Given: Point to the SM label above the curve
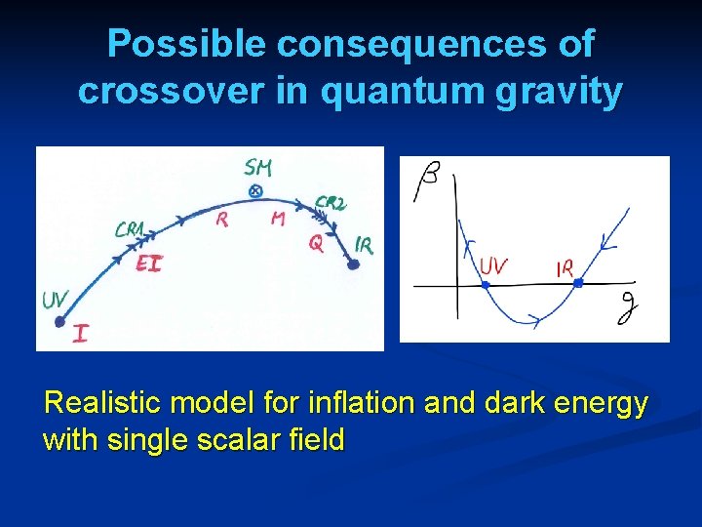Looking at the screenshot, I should [258, 169].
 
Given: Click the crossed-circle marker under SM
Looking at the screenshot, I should [256, 191].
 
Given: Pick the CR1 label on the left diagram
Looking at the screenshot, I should [129, 230].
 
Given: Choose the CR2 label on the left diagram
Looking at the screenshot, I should [331, 204].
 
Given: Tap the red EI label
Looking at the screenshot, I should [148, 263].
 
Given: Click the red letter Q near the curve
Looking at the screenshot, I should [316, 244].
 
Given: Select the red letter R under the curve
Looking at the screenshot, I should [222, 221].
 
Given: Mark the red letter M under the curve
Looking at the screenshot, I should [278, 220].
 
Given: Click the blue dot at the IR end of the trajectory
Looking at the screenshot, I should [352, 263].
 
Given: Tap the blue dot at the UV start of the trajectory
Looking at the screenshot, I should [59, 320].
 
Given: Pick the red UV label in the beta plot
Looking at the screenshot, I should [493, 266].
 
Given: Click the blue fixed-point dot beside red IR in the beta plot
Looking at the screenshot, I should [578, 283].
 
